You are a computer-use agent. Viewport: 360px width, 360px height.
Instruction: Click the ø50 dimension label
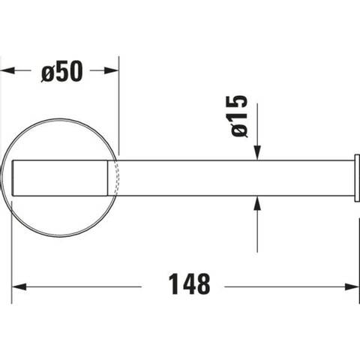pyautogui.click(x=61, y=71)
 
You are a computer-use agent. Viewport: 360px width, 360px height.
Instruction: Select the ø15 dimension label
pyautogui.click(x=239, y=116)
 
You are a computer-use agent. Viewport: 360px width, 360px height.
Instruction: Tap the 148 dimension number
pyautogui.click(x=189, y=284)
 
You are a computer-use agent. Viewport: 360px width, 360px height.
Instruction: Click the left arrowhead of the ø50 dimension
pyautogui.click(x=7, y=70)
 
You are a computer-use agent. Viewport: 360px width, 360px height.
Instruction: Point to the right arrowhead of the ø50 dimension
pyautogui.click(x=111, y=70)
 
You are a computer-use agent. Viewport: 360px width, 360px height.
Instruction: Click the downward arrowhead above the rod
pyautogui.click(x=257, y=153)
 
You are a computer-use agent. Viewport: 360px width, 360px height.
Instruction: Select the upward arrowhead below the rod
pyautogui.click(x=257, y=203)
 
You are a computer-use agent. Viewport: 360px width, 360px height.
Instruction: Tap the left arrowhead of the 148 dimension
pyautogui.click(x=19, y=286)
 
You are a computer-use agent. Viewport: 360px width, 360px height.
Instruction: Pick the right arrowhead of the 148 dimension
pyautogui.click(x=352, y=286)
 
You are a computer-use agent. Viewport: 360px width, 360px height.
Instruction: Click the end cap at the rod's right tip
pyautogui.click(x=357, y=178)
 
